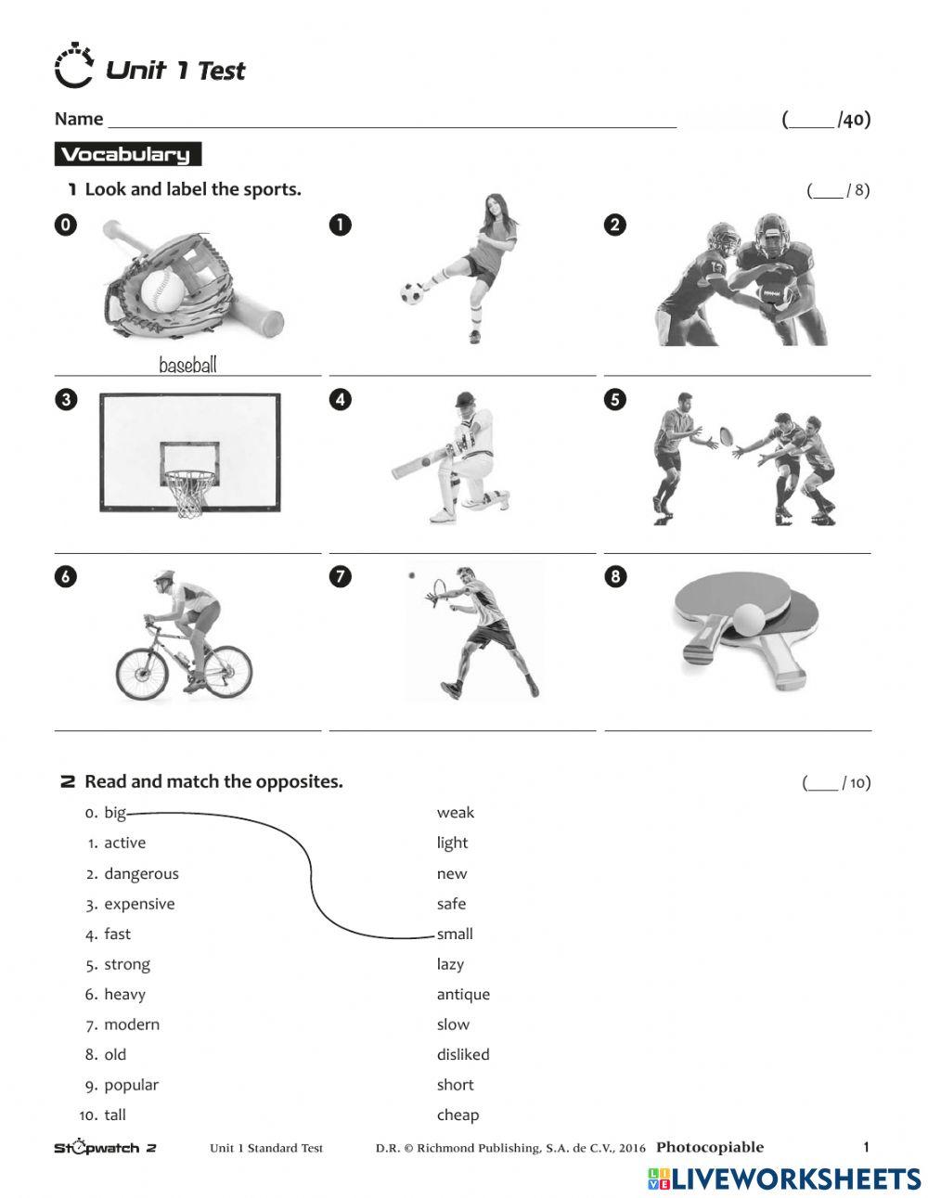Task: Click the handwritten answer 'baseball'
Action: [x=187, y=365]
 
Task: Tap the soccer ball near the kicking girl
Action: [x=412, y=293]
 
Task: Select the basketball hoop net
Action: [x=189, y=494]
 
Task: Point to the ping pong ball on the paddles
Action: [x=749, y=618]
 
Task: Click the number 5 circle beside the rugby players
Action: [x=614, y=400]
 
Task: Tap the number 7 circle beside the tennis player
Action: [x=341, y=576]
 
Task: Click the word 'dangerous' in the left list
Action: [x=141, y=873]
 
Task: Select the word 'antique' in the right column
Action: [x=463, y=994]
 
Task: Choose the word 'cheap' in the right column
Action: [x=458, y=1114]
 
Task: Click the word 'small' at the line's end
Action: [x=455, y=934]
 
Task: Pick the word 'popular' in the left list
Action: [x=131, y=1085]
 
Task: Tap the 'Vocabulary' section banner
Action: [x=126, y=155]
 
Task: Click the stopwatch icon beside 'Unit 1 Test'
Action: [x=74, y=67]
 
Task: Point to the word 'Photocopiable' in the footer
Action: [x=710, y=1147]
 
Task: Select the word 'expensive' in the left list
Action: [x=139, y=904]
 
